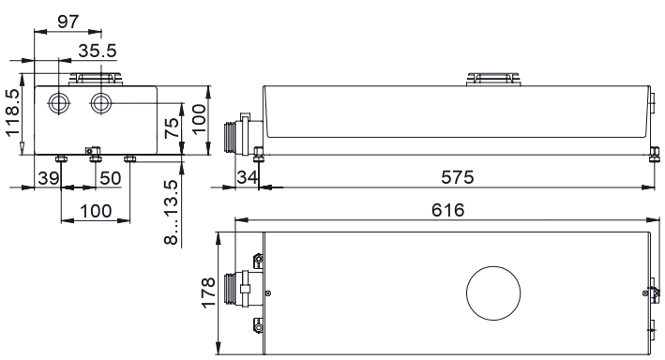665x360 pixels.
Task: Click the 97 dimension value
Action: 68,22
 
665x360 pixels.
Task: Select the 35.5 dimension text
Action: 98,51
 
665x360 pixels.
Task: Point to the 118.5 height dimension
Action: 13,112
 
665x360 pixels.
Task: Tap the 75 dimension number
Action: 172,128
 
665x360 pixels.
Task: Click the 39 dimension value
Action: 49,178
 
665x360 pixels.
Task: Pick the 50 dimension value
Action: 111,178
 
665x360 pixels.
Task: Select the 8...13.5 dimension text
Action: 171,212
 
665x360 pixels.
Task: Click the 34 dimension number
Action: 248,177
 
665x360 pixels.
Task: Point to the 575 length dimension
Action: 457,177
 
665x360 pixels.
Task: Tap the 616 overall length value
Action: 447,210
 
